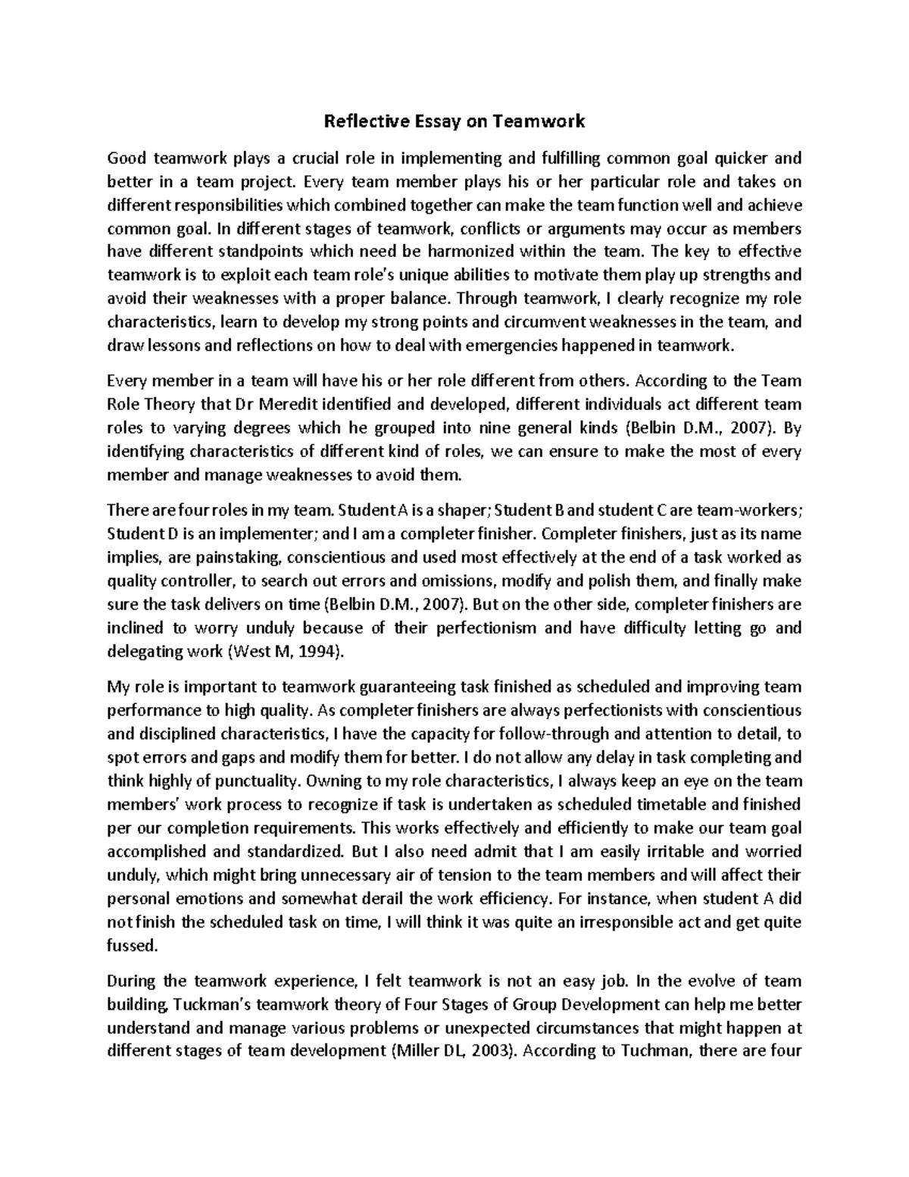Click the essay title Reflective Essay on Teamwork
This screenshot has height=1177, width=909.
454,121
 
